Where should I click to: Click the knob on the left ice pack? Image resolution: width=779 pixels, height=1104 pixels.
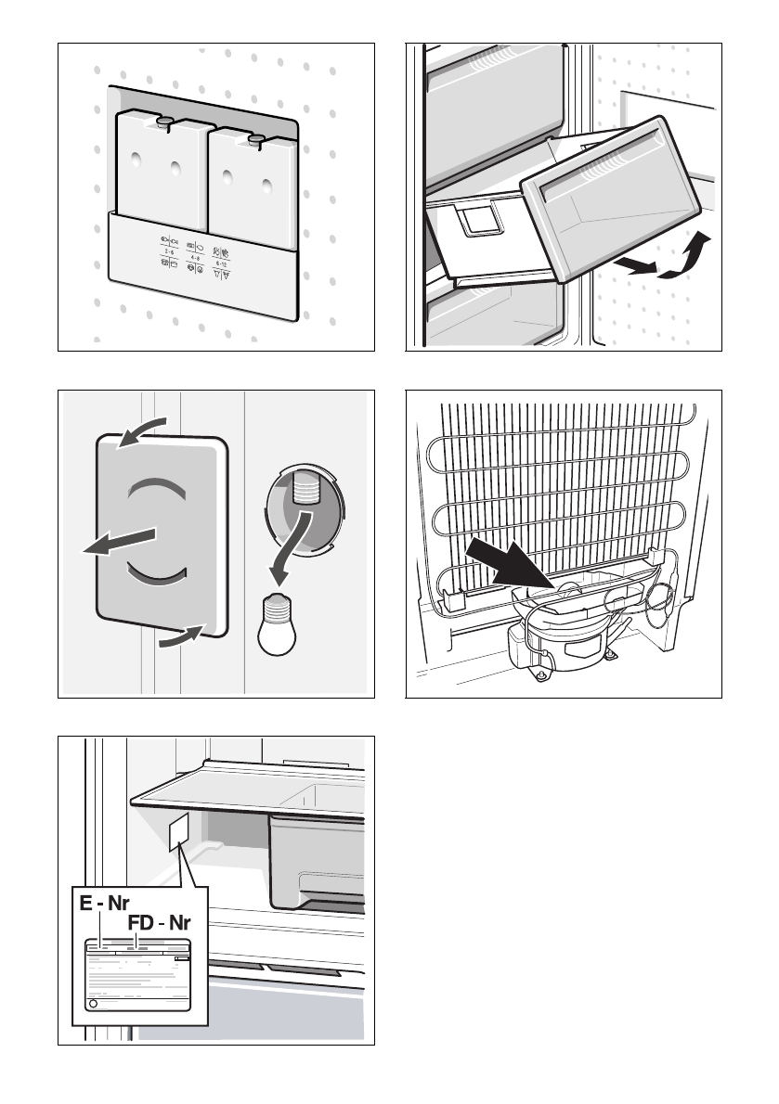coord(164,121)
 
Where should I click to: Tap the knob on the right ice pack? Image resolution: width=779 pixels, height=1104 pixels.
coord(257,139)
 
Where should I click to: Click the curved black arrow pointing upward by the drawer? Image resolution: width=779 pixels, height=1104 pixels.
coord(687,256)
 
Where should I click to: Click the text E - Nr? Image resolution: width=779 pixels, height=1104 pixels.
coord(104,903)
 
